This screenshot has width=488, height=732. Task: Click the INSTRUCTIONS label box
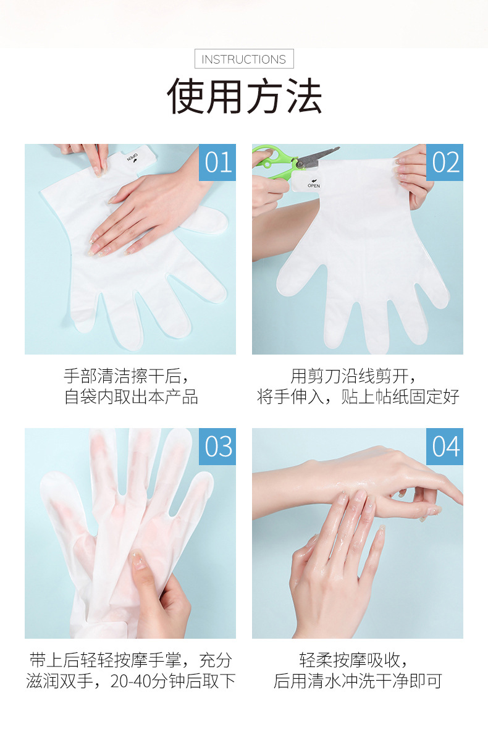coord(244,59)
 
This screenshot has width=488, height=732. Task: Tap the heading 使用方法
coord(244,96)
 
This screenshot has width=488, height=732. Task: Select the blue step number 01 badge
coord(217,162)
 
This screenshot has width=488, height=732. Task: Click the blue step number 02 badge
coord(445,162)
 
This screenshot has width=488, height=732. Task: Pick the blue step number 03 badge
coord(217,446)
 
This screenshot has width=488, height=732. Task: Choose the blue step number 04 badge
coord(445,446)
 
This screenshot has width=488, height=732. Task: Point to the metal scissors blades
coord(317,156)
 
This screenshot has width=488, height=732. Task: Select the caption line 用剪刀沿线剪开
coord(353,376)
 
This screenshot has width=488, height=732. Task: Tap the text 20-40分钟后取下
coord(173,681)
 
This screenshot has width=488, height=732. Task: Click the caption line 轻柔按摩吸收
coord(353,660)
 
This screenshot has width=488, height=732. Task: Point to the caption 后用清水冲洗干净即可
coord(358,681)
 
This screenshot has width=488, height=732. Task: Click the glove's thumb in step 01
coord(206,221)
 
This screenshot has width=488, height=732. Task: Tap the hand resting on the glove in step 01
coord(149,210)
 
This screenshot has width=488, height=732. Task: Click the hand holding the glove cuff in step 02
coord(413,177)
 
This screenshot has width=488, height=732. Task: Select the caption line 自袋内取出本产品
coord(131,397)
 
